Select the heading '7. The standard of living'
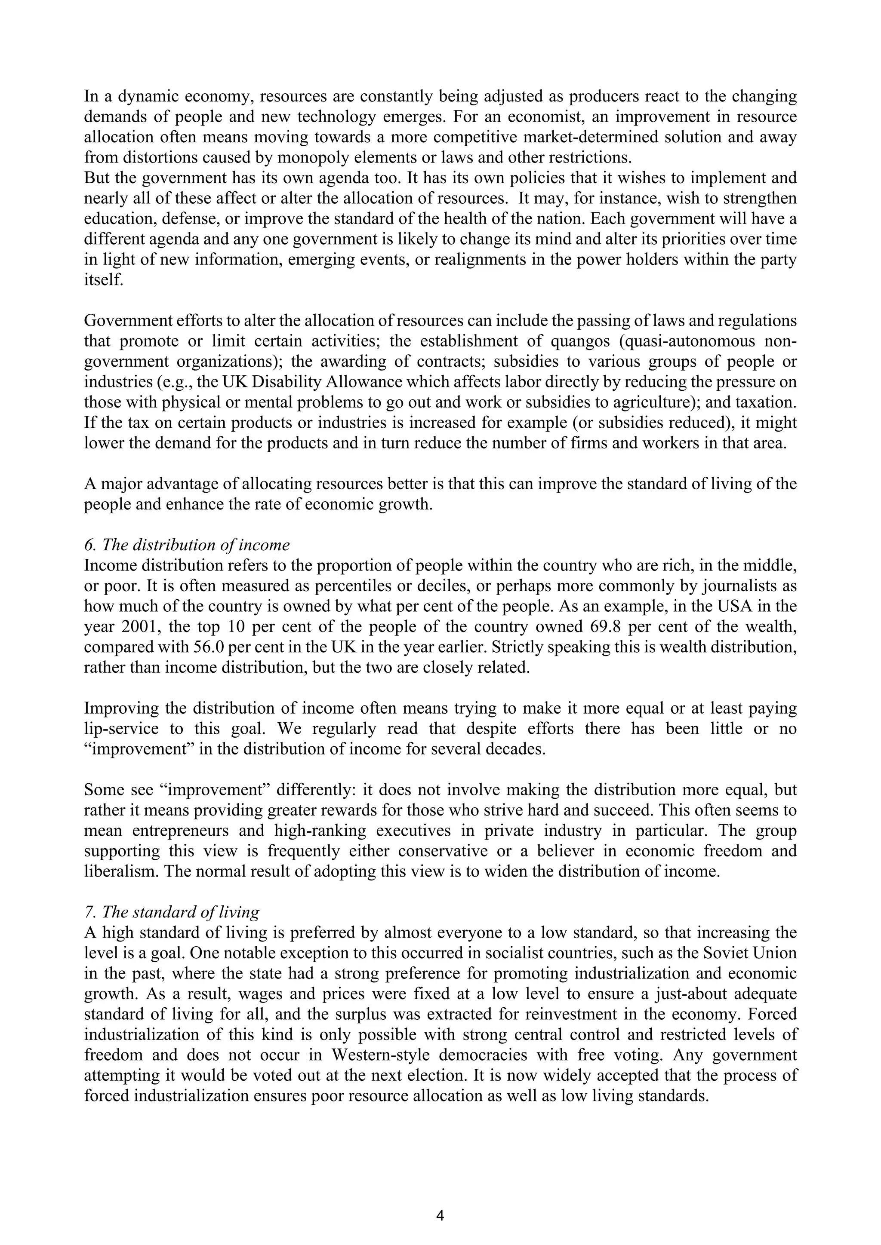pyautogui.click(x=172, y=912)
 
